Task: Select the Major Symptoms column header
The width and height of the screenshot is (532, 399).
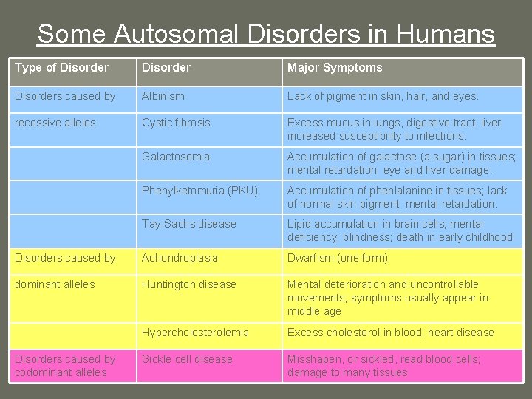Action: [x=335, y=68]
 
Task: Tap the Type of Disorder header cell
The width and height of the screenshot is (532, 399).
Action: [x=61, y=68]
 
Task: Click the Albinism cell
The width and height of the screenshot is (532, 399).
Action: [x=163, y=96]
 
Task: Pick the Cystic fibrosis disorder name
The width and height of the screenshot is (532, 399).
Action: [x=176, y=123]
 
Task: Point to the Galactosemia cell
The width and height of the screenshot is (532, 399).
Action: [x=176, y=157]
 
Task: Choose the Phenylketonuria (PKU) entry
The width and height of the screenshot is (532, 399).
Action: [x=199, y=191]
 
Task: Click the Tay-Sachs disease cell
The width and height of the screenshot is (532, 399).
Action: [x=189, y=224]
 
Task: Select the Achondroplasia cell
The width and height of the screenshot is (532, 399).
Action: [x=180, y=258]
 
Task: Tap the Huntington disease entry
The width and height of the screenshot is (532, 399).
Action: [x=189, y=284]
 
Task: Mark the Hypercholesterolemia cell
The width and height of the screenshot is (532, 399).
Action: [x=195, y=332]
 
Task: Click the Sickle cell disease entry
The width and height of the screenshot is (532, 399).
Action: [x=187, y=359]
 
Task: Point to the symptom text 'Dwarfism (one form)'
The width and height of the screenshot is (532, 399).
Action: [x=337, y=258]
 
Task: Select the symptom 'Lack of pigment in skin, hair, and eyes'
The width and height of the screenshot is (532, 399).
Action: [x=383, y=96]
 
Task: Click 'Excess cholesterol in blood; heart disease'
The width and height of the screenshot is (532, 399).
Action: [x=390, y=332]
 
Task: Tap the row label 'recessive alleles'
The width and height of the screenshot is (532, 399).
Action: [x=55, y=123]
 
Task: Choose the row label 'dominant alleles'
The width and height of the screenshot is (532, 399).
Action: [x=55, y=284]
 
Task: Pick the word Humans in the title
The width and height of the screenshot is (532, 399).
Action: [x=446, y=34]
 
